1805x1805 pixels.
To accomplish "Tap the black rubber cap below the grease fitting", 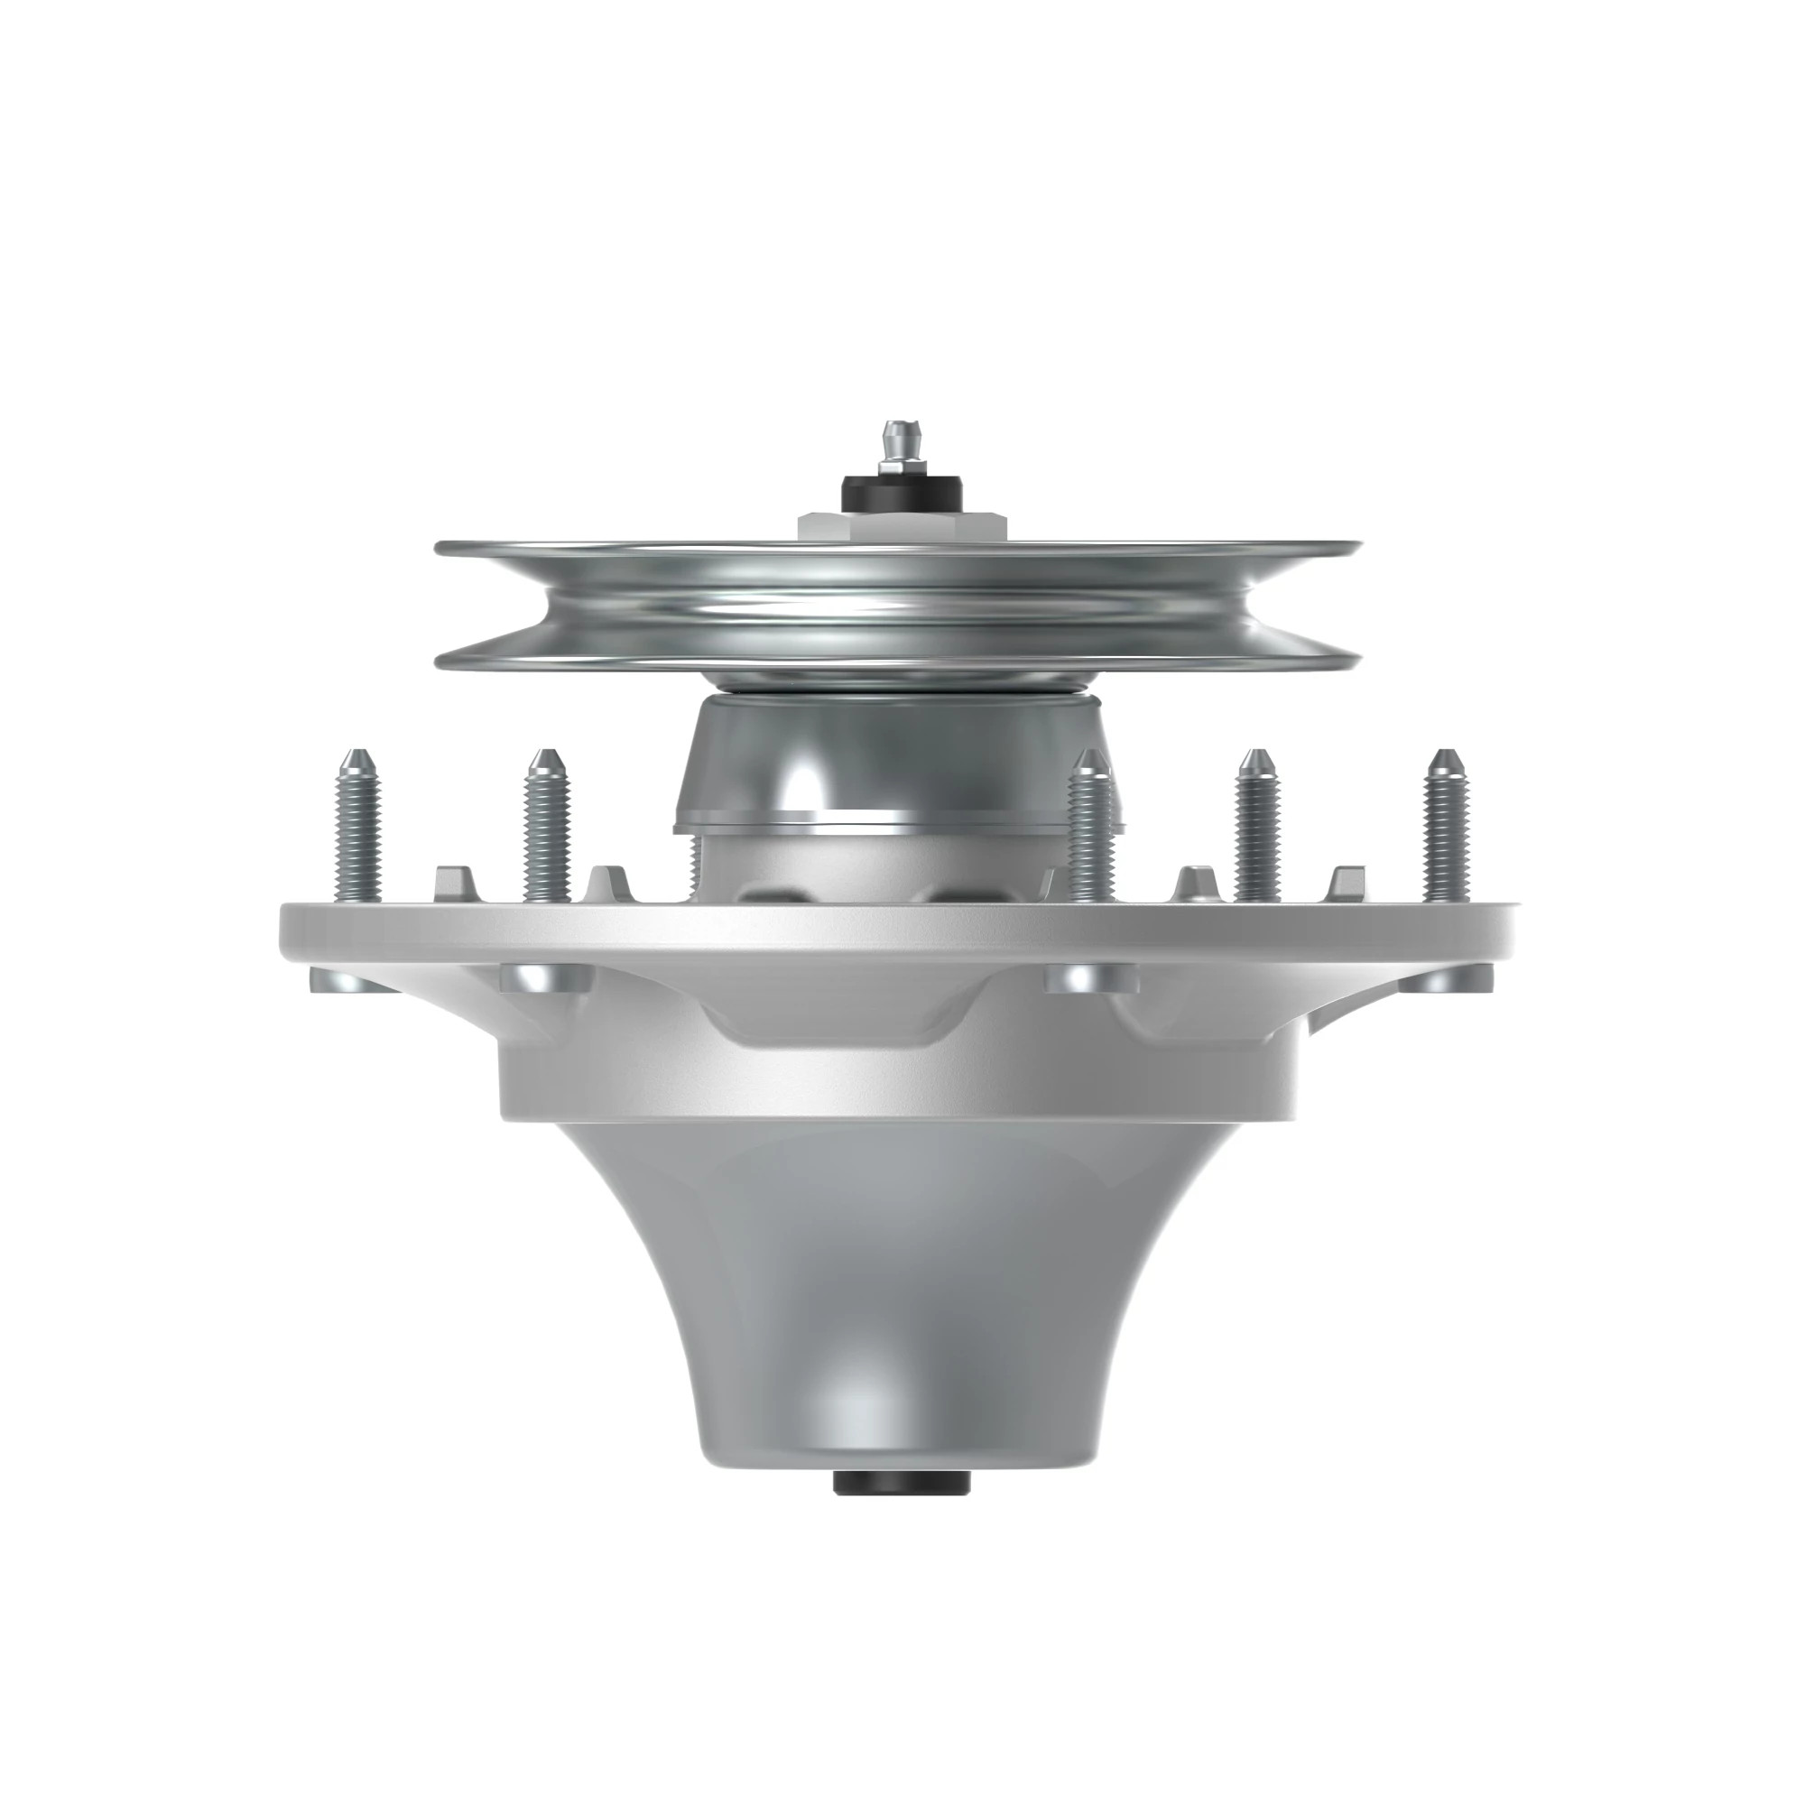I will pyautogui.click(x=901, y=490).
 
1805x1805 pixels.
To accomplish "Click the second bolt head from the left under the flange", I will pyautogui.click(x=548, y=977).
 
